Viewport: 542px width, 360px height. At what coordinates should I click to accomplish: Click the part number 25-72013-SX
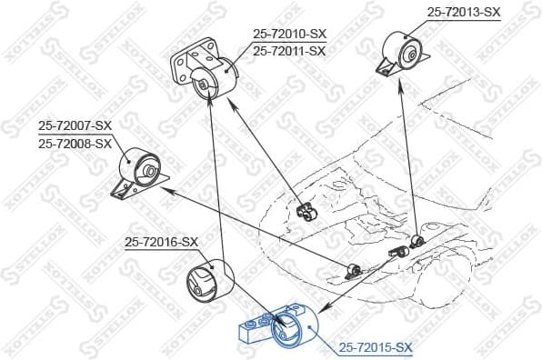click(464, 12)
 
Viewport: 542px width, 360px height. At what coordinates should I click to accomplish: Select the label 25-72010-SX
click(289, 35)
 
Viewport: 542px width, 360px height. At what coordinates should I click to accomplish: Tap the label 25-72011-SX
click(289, 51)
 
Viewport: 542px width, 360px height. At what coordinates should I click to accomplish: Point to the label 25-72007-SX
click(75, 125)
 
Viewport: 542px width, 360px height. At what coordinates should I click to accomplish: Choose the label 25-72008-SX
click(75, 143)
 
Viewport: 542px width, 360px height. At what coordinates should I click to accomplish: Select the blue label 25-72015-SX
click(376, 347)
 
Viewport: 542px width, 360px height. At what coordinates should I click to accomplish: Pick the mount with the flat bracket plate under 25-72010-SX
click(205, 76)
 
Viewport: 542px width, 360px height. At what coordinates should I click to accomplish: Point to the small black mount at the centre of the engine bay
click(306, 214)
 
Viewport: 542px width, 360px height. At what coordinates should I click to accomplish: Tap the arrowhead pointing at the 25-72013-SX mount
click(401, 79)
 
